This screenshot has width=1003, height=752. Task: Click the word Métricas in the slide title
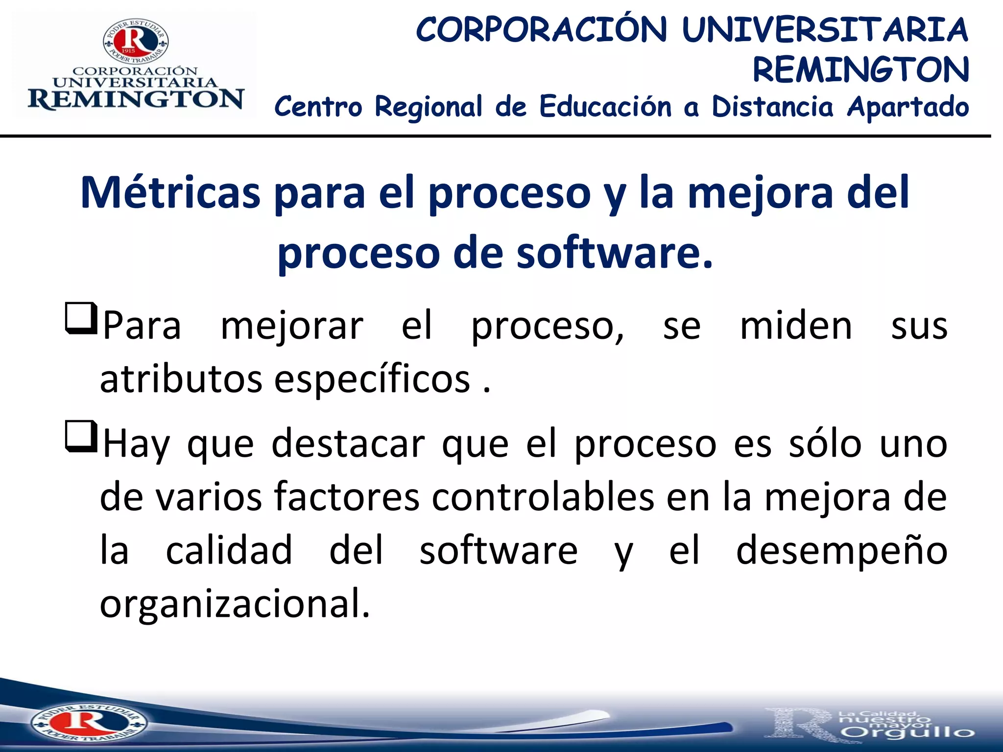[x=170, y=192]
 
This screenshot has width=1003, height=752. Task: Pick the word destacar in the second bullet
[x=348, y=444]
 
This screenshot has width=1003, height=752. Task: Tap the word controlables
[x=543, y=497]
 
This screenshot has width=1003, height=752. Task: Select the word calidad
[x=229, y=551]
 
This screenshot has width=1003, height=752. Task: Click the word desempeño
[x=841, y=551]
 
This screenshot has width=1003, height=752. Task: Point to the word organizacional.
[x=235, y=604]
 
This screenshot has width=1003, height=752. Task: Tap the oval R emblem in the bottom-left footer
[x=88, y=722]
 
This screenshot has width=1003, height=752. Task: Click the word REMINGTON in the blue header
[x=860, y=70]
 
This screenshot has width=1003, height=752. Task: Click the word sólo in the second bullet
[x=825, y=444]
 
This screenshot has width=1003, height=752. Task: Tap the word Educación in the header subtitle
[x=605, y=106]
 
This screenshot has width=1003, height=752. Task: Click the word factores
[x=346, y=497]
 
